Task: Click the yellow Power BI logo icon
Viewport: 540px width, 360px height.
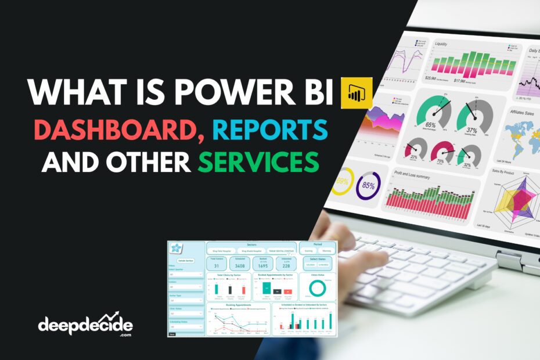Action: (x=356, y=92)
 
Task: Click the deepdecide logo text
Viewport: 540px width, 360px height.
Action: (x=85, y=325)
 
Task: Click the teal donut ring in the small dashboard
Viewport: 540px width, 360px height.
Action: (x=317, y=287)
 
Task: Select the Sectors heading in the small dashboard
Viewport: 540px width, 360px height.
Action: (x=251, y=245)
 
